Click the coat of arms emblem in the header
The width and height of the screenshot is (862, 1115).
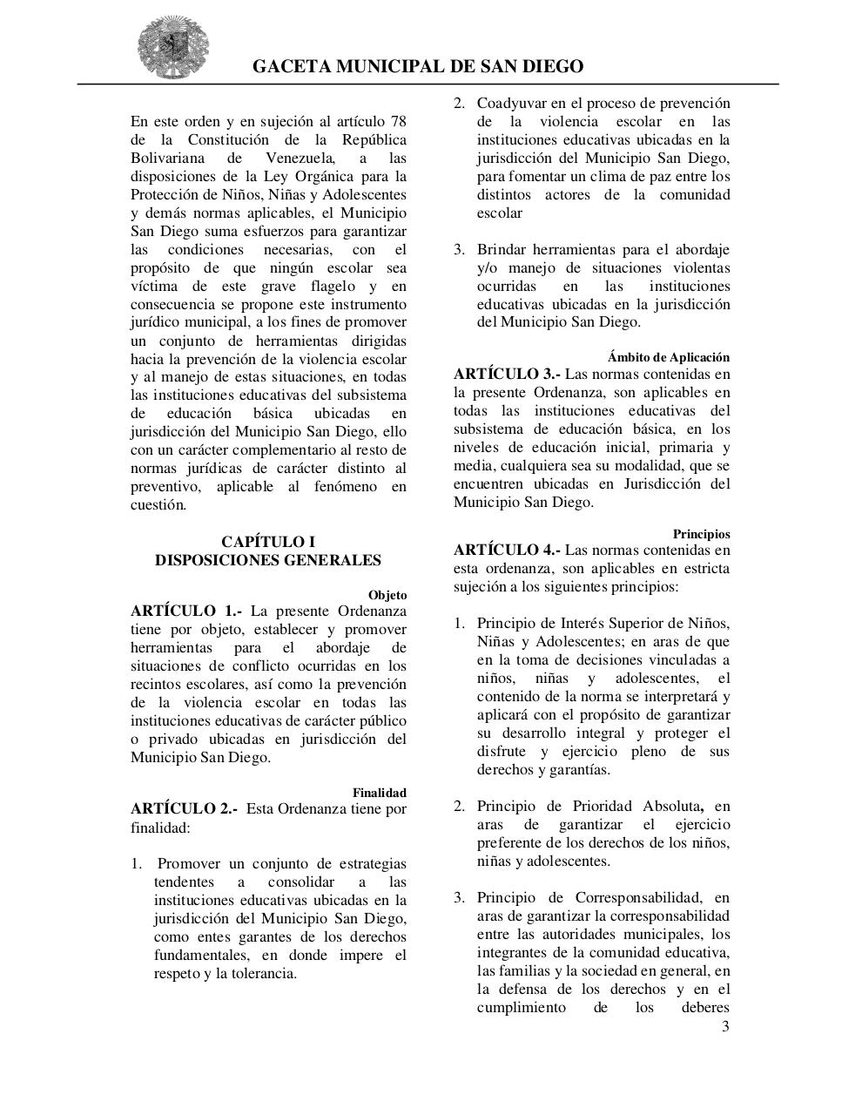[x=173, y=44]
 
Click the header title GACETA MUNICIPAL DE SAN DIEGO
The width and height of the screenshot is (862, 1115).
[x=418, y=67]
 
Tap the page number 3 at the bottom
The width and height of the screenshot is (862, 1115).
[x=725, y=1026]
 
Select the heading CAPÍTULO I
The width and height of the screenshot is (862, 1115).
[x=268, y=542]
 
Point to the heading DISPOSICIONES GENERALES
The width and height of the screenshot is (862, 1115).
[x=268, y=560]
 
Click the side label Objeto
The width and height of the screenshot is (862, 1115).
[x=387, y=595]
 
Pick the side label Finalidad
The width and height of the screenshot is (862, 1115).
[x=379, y=793]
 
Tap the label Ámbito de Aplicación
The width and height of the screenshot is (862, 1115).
[x=669, y=357]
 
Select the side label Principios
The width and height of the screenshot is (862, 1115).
[x=701, y=533]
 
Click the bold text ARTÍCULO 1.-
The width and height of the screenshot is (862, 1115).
[x=185, y=611]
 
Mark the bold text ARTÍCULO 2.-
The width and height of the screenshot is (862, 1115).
[x=184, y=808]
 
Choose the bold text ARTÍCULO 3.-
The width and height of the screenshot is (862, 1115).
[x=507, y=374]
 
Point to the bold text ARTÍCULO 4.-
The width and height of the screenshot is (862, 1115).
[x=507, y=550]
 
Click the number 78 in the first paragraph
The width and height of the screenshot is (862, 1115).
[x=398, y=121]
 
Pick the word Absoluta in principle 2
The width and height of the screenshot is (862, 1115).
[x=672, y=806]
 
